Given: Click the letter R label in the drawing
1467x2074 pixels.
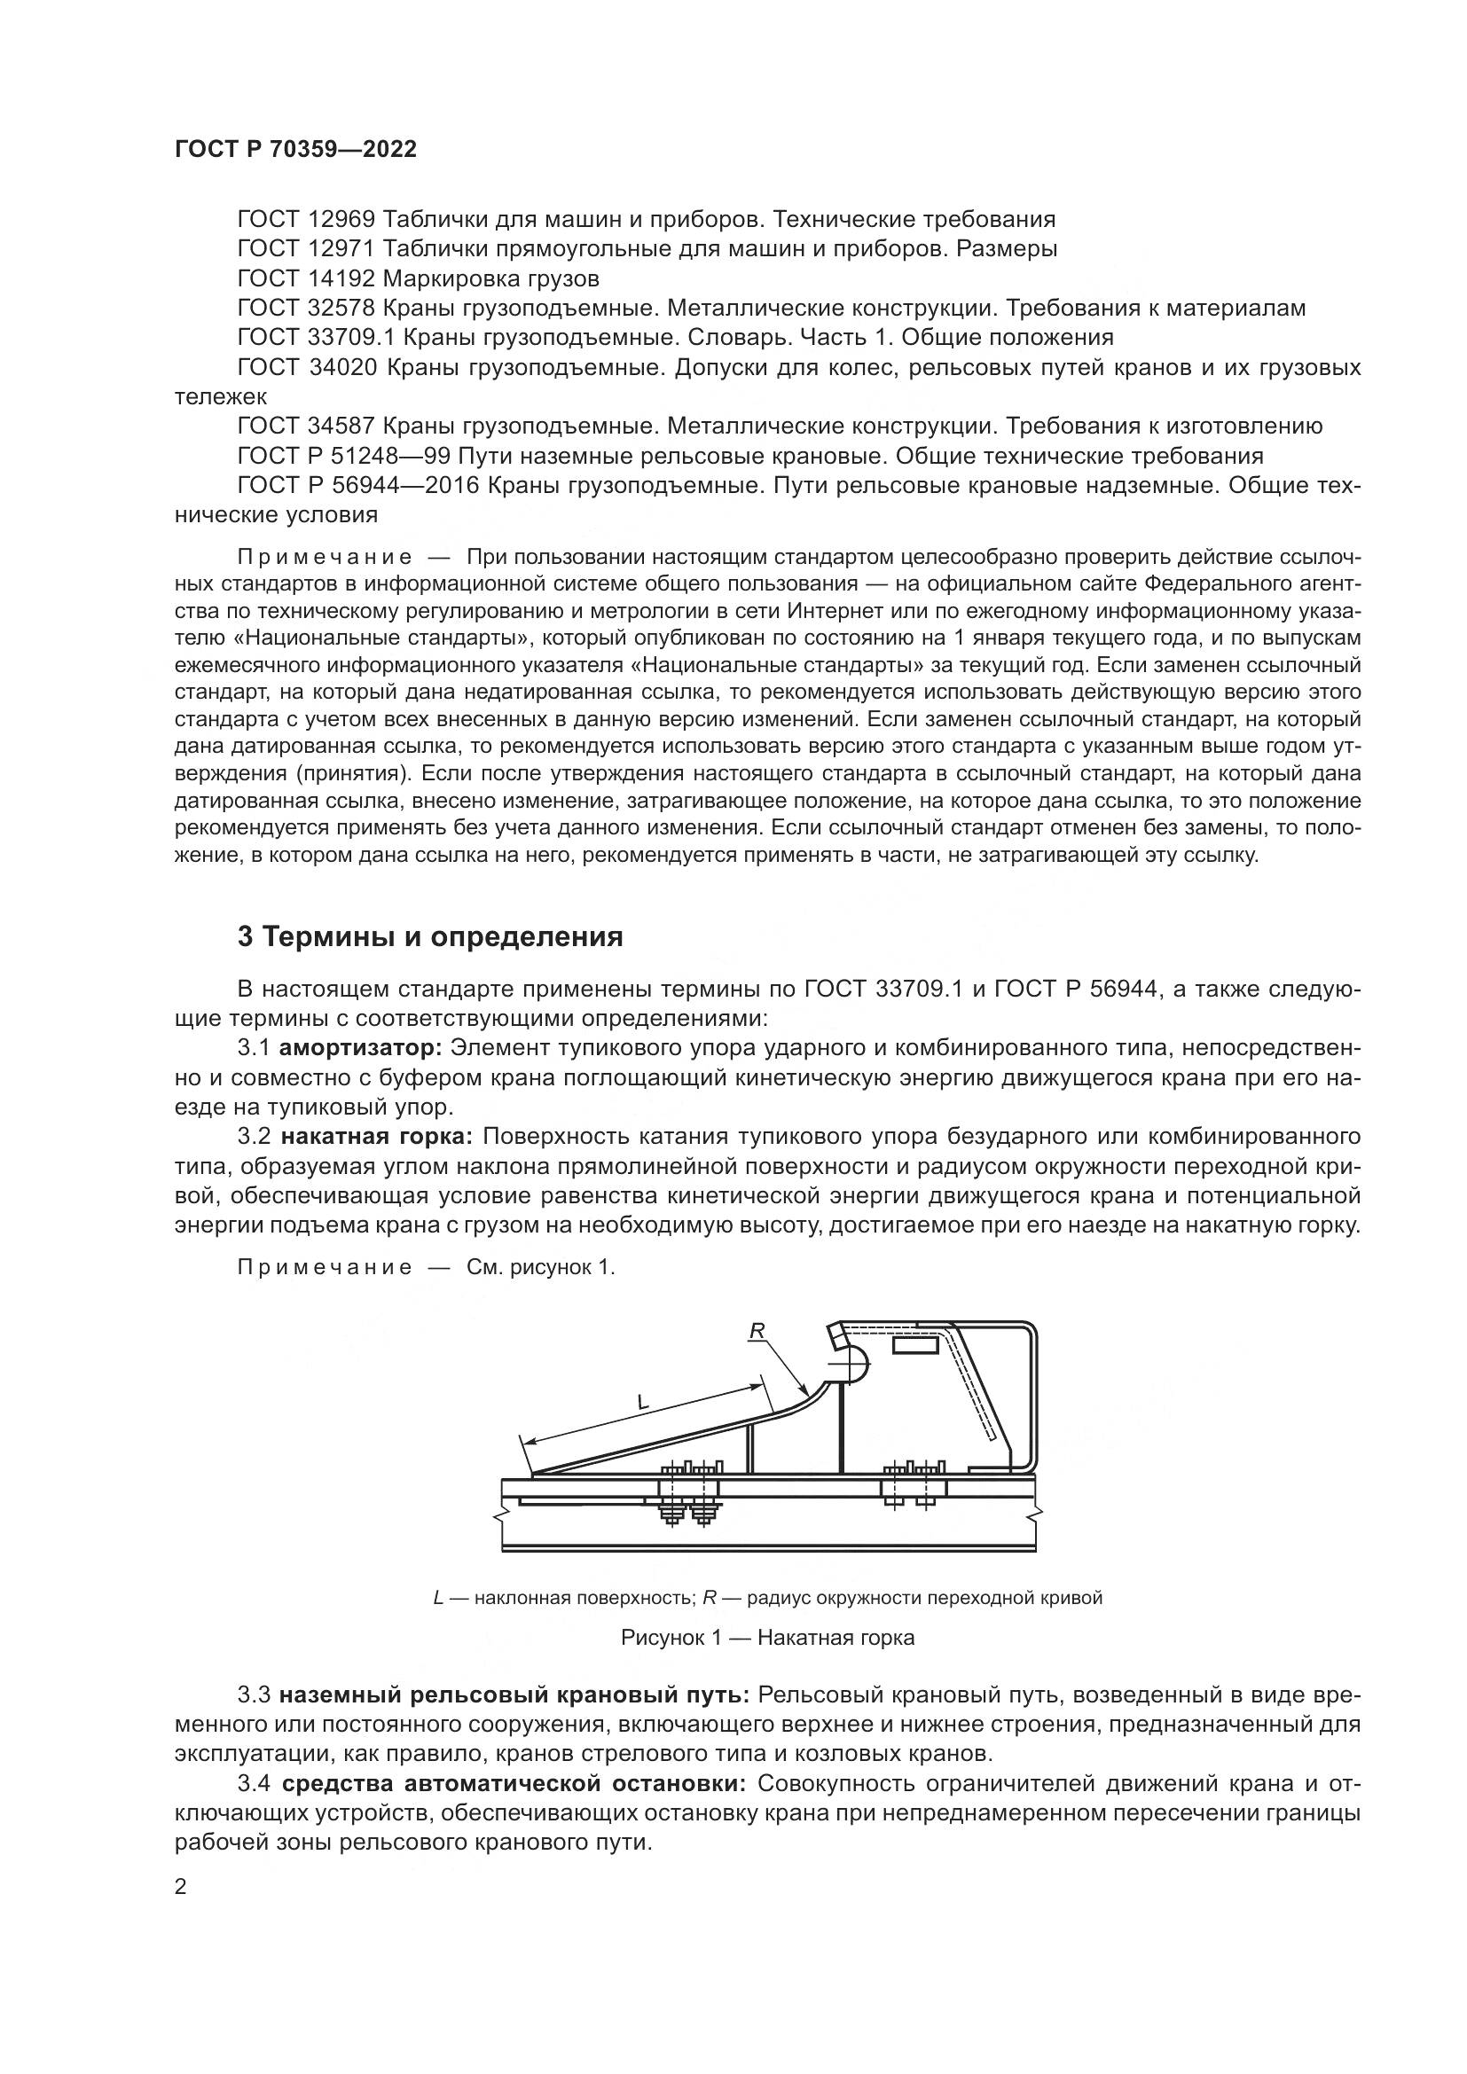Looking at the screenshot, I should pos(757,1330).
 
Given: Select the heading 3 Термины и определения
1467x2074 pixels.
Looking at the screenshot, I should pos(430,936).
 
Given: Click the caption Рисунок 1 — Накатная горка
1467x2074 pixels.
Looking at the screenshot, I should pos(768,1637).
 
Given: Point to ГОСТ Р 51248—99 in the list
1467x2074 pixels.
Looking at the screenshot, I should pos(344,455).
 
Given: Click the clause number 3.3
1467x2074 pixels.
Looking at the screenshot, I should pos(255,1694).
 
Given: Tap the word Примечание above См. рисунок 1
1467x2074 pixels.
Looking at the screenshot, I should pos(325,1267).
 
